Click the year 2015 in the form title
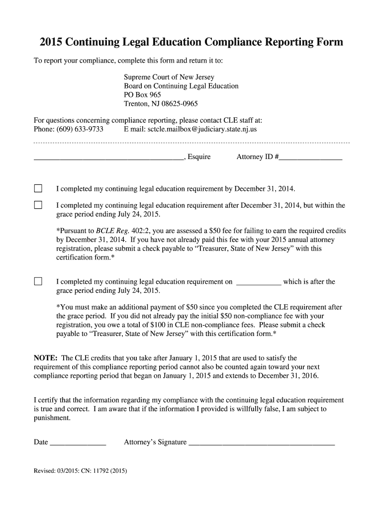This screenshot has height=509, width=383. [52, 42]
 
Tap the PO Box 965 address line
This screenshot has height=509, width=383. [142, 94]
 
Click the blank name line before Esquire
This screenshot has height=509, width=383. [108, 158]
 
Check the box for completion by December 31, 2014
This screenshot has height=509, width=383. [38, 188]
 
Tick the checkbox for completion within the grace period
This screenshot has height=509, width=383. [38, 205]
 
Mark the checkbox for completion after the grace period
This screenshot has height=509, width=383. [38, 281]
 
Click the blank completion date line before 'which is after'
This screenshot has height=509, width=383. [258, 282]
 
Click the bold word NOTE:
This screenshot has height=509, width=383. [46, 358]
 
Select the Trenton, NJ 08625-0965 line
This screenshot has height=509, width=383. [161, 104]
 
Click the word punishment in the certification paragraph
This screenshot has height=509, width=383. [52, 418]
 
